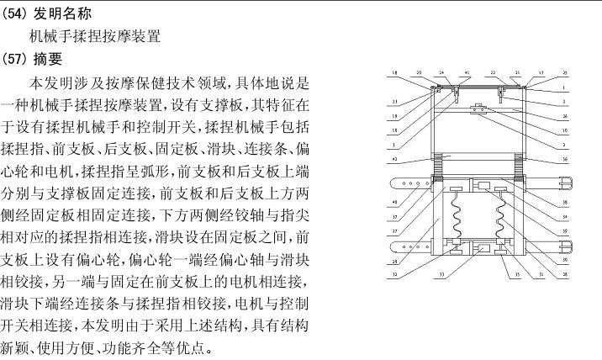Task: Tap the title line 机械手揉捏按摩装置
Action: [94, 37]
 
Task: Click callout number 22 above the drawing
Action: [493, 73]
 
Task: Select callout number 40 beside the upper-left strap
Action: [395, 203]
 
